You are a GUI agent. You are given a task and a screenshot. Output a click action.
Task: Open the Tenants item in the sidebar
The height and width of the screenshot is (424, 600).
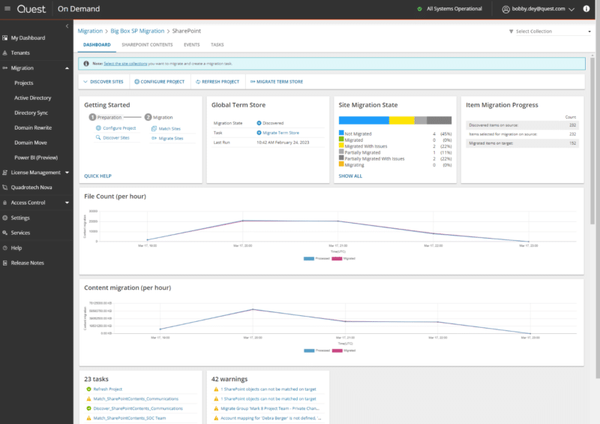(20, 53)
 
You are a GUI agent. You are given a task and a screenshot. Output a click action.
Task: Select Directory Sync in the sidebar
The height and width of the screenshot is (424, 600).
(30, 113)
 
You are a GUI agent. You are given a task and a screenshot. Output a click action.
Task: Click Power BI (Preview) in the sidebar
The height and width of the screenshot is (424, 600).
(36, 158)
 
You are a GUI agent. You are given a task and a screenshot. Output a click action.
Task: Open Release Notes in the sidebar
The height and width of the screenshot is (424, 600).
(27, 263)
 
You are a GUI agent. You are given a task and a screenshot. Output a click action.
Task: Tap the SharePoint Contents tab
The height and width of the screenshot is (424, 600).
(147, 45)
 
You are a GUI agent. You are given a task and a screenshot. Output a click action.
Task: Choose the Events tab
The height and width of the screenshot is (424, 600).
(191, 45)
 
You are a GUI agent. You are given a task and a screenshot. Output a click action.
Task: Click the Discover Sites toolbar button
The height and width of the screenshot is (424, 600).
(103, 81)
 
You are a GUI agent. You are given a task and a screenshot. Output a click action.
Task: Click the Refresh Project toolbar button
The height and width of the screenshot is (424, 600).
(217, 81)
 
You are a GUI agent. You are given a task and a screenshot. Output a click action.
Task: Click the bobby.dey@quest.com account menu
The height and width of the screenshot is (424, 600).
(538, 9)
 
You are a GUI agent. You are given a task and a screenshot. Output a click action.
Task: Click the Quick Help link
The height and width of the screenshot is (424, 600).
(97, 176)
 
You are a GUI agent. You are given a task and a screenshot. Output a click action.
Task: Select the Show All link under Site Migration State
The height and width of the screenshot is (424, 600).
(350, 176)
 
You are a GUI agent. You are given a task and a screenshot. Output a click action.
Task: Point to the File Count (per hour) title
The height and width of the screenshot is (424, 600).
(115, 196)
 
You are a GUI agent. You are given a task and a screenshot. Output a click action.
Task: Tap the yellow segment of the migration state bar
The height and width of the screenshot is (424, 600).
(401, 120)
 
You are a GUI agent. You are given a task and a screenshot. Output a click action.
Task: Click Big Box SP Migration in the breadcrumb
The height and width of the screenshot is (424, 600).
(137, 31)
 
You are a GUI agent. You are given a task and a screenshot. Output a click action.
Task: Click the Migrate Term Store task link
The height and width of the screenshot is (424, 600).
(280, 132)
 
